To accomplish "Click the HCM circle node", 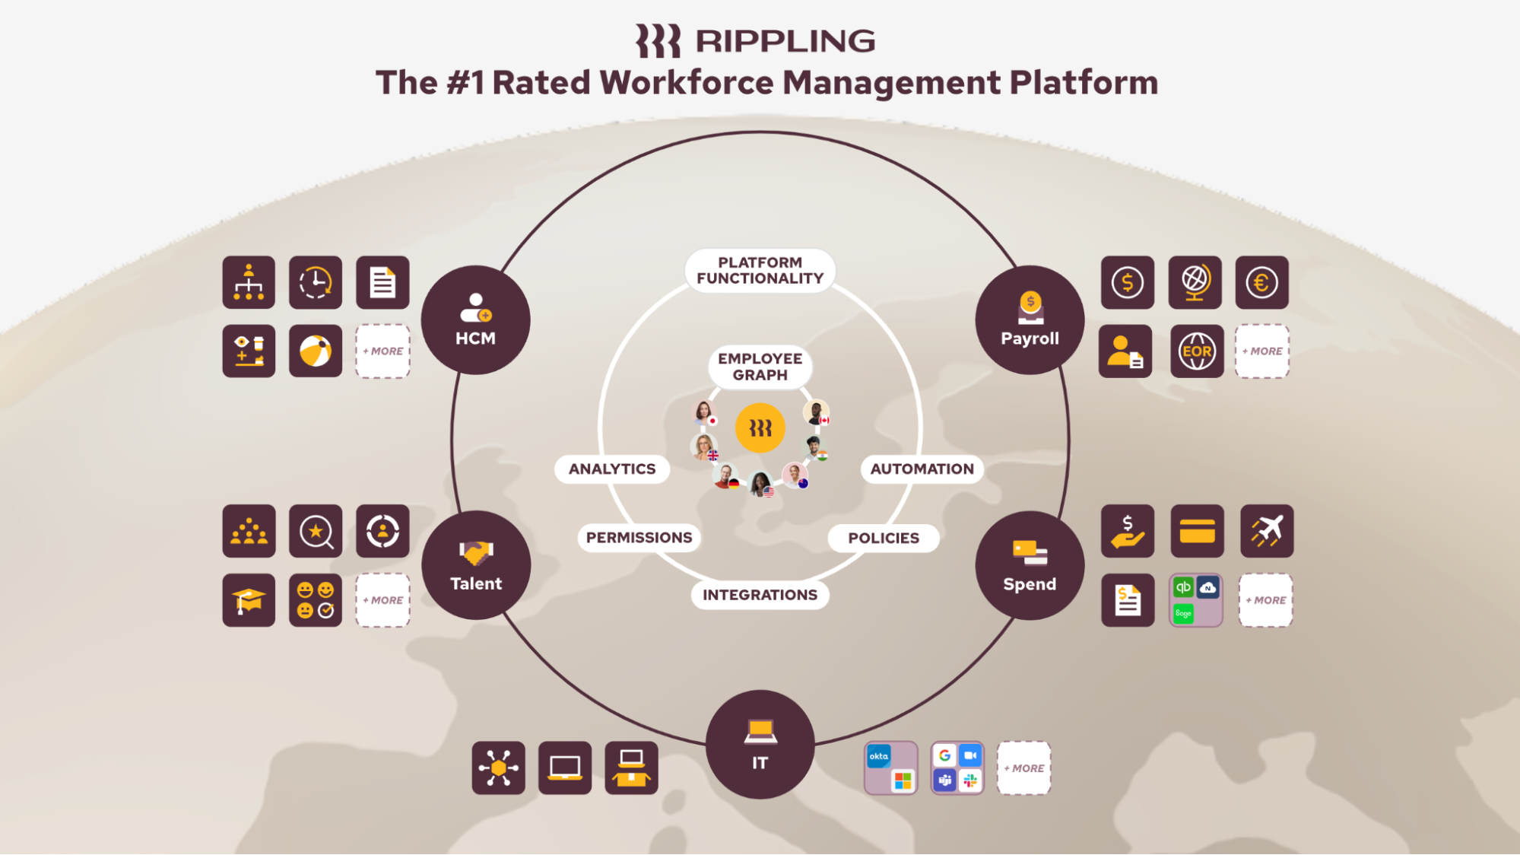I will click(x=475, y=319).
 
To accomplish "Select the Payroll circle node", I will click(x=1030, y=319).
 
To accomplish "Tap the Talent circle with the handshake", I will click(x=476, y=565).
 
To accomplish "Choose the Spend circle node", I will click(x=1030, y=565).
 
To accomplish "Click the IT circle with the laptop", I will click(x=760, y=744).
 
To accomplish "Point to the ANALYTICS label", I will click(x=612, y=469).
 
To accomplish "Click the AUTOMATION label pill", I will click(x=922, y=469).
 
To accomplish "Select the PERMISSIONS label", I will click(x=639, y=538).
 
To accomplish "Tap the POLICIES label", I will click(x=884, y=539).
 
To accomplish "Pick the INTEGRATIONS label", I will click(x=760, y=595).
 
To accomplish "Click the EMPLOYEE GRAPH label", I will click(x=760, y=367).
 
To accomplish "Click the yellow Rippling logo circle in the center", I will click(x=760, y=428).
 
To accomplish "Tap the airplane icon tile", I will click(x=1266, y=531).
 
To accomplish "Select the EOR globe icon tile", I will click(x=1197, y=351).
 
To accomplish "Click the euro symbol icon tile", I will click(x=1261, y=283).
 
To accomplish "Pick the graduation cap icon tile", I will click(x=249, y=600).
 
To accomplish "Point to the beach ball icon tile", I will click(x=316, y=351).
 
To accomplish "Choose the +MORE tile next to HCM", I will click(x=383, y=351).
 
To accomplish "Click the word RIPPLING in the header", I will click(x=785, y=41).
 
